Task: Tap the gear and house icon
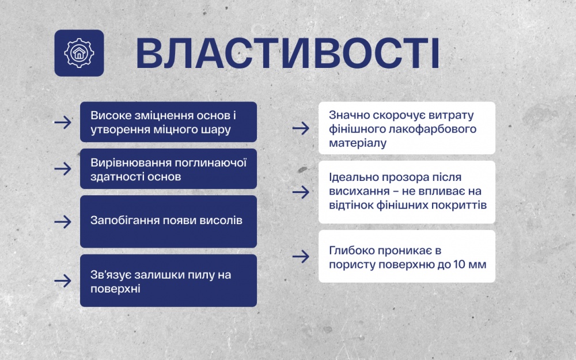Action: tap(79, 53)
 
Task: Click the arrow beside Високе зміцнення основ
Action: tap(62, 122)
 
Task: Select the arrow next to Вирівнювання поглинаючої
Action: tap(62, 169)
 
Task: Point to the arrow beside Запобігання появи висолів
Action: tap(62, 221)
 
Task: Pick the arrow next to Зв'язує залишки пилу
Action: tap(62, 281)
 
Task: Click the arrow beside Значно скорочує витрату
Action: tap(301, 128)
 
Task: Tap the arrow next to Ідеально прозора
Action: tap(301, 192)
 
